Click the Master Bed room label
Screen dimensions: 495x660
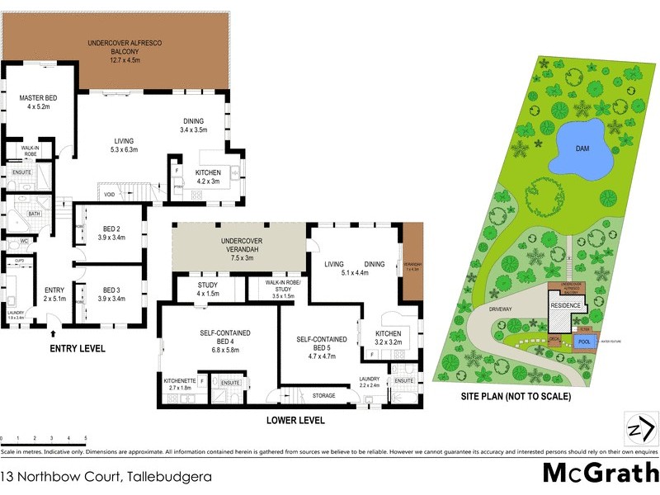click(35, 102)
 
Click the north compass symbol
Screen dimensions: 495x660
click(639, 429)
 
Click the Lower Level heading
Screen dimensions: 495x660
click(295, 420)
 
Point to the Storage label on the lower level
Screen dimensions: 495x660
click(324, 397)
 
